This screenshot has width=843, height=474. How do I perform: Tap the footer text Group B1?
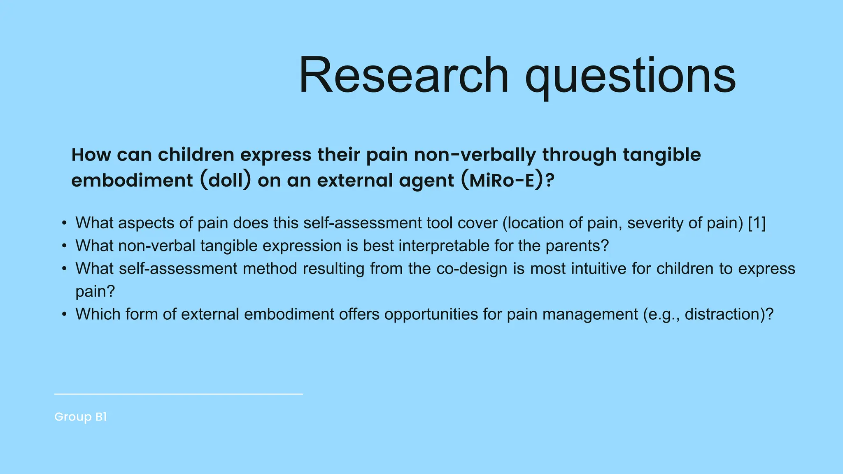(81, 417)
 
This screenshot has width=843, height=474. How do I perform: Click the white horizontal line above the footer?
(178, 394)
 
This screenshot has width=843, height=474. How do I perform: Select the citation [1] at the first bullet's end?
(757, 223)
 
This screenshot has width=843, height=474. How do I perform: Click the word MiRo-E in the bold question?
(501, 181)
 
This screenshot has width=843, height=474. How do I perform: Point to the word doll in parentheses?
(226, 181)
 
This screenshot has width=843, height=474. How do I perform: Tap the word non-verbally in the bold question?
(475, 155)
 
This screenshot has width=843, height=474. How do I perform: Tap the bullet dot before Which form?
(64, 315)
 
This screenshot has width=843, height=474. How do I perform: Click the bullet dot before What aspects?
(64, 223)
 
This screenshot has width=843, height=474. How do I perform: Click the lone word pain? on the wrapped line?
(95, 292)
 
